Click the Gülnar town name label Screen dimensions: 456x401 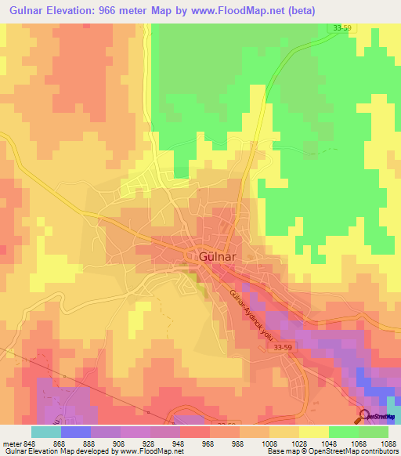tap(209, 256)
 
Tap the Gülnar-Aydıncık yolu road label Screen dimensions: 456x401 tap(253, 313)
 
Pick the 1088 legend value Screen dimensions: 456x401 tap(387, 443)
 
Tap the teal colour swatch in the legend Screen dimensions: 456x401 tap(45, 432)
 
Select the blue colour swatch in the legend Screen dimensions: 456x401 tap(75, 432)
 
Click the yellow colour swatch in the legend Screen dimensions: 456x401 tap(313, 432)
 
